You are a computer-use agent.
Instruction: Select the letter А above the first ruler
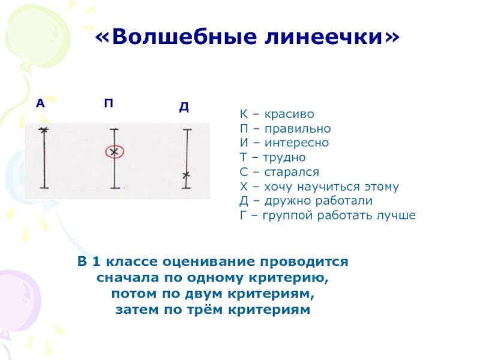[x=40, y=104]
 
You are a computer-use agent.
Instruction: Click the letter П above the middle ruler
[x=109, y=103]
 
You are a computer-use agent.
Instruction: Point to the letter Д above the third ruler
[x=184, y=107]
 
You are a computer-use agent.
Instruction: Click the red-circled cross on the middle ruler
[x=114, y=152]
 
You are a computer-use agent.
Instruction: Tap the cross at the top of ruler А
[x=44, y=130]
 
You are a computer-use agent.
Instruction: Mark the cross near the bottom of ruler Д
[x=186, y=175]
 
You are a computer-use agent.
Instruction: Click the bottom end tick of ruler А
[x=44, y=188]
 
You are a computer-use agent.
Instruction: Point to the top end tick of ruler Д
[x=187, y=130]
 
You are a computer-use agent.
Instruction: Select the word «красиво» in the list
[x=289, y=114]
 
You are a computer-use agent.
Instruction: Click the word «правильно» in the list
[x=298, y=129]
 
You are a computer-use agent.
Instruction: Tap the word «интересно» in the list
[x=296, y=143]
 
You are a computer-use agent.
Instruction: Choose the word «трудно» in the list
[x=284, y=158]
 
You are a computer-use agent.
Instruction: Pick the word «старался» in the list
[x=292, y=172]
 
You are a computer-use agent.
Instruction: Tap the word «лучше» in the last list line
[x=396, y=215]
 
